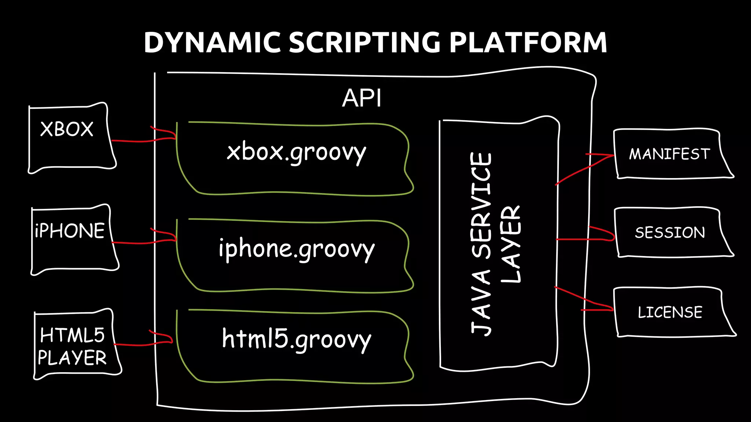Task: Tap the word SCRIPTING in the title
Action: (364, 42)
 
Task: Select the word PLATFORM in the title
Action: (528, 42)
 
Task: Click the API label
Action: (362, 98)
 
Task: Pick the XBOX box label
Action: (67, 129)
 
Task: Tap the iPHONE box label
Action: (70, 231)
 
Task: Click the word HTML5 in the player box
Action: (72, 335)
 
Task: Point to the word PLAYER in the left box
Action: (72, 358)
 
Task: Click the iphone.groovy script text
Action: (296, 249)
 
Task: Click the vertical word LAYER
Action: (510, 244)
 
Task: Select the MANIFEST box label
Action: (670, 154)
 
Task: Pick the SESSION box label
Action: (670, 233)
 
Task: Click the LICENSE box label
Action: (670, 312)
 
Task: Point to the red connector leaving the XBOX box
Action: (132, 141)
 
